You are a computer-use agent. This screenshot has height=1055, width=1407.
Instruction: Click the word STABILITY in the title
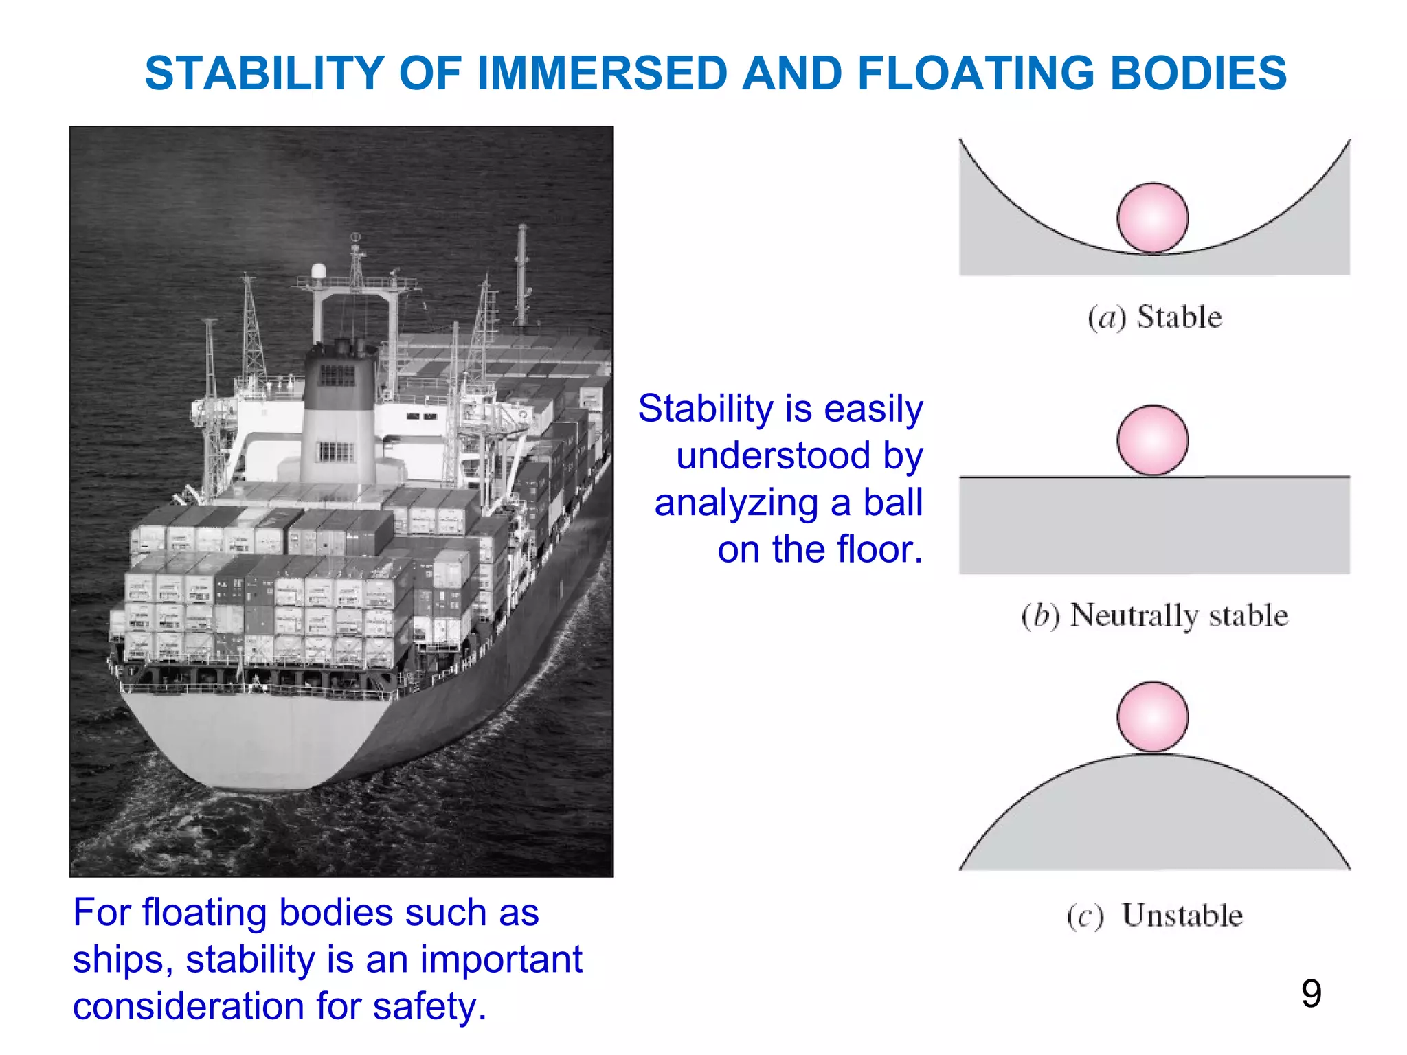(x=264, y=73)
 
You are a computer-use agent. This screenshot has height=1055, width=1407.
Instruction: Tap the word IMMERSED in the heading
(x=602, y=73)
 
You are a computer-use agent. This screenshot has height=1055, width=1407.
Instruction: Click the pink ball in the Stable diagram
(x=1153, y=218)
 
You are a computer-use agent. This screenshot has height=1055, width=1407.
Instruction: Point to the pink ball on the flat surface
(x=1153, y=440)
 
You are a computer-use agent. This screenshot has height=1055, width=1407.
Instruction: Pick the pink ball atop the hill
(x=1153, y=716)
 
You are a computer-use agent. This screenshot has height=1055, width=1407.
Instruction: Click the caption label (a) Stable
(x=1155, y=317)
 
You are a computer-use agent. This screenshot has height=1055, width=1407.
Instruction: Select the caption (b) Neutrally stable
(x=1155, y=615)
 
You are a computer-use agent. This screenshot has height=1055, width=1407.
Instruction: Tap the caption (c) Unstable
(x=1155, y=916)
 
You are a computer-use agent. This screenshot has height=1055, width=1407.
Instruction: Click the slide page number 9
(x=1311, y=994)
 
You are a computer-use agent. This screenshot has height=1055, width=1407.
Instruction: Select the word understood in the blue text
(x=774, y=456)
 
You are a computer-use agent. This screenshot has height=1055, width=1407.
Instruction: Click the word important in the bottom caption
(x=501, y=960)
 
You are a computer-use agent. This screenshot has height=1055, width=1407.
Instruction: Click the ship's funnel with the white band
(x=338, y=412)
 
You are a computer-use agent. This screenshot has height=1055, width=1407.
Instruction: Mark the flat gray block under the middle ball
(x=1155, y=525)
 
